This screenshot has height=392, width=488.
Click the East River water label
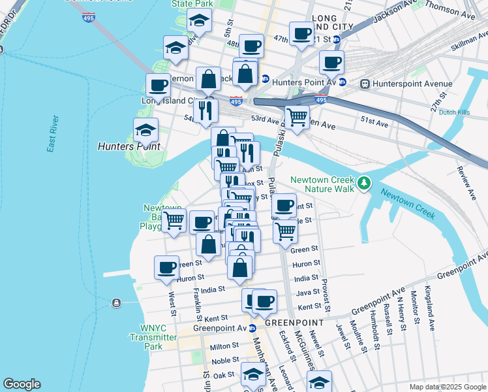[x=53, y=135]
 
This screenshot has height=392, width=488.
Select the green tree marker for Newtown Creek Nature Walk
[x=364, y=184]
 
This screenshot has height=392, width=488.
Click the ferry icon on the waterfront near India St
[x=116, y=302]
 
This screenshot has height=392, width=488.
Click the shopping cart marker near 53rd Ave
[x=297, y=118]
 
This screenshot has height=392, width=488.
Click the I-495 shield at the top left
[x=89, y=18]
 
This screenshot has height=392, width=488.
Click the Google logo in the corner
[x=22, y=384]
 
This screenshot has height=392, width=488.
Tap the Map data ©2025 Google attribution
[x=447, y=387]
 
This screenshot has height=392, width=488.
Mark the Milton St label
[x=224, y=346]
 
